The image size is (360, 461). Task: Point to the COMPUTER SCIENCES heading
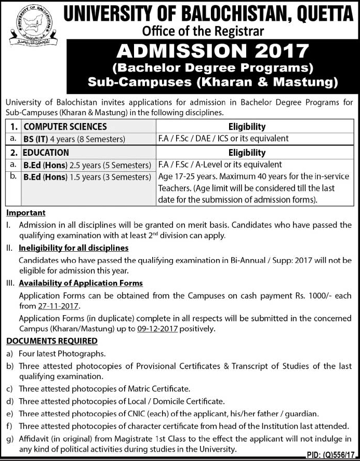click(65, 126)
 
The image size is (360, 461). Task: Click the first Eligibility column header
click(247, 126)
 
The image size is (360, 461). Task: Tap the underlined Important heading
click(26, 213)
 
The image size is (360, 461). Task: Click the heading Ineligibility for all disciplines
click(73, 248)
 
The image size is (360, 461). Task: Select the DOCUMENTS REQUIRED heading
click(52, 341)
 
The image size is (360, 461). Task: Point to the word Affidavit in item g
click(35, 439)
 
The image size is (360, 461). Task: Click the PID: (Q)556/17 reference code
click(329, 454)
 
